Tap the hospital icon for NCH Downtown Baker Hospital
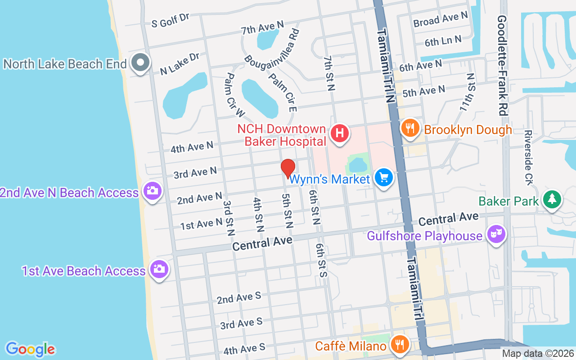[x=340, y=134]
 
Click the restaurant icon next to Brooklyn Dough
[x=410, y=129]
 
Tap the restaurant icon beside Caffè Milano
[x=398, y=345]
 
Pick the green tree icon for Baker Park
[x=552, y=199]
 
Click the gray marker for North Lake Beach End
[x=140, y=63]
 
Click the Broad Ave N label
[x=441, y=19]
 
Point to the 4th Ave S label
[x=244, y=349]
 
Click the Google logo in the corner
[x=30, y=349]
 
